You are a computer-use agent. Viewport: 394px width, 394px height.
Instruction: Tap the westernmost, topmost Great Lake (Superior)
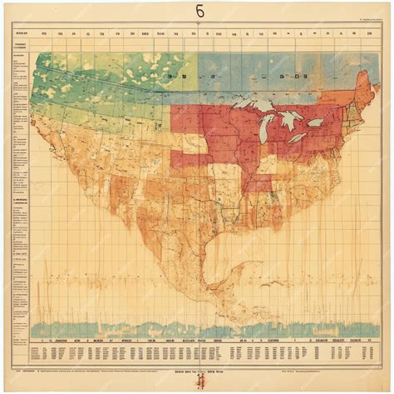(x=250, y=107)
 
